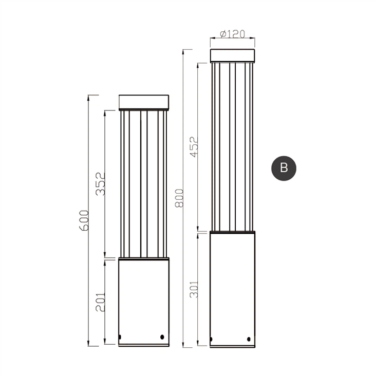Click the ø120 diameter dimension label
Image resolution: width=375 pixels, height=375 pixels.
click(x=232, y=34)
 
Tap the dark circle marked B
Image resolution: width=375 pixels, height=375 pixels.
click(x=284, y=167)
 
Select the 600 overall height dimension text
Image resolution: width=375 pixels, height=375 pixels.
click(x=84, y=220)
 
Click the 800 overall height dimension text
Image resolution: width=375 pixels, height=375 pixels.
click(x=179, y=198)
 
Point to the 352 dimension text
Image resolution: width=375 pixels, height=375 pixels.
click(x=101, y=184)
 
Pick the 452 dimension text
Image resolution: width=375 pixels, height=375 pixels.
click(x=194, y=147)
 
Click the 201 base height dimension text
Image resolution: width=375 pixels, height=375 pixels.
click(x=101, y=302)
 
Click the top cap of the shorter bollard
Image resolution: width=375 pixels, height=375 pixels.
click(x=144, y=102)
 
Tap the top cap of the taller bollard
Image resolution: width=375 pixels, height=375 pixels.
click(x=232, y=55)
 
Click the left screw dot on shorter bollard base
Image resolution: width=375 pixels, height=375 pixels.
click(x=120, y=337)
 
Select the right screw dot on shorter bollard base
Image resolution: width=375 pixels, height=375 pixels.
click(x=162, y=337)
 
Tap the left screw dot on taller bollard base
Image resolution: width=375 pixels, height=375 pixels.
click(x=212, y=339)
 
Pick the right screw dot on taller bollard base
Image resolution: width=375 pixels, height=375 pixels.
click(x=249, y=339)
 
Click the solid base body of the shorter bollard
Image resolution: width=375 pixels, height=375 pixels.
click(x=144, y=298)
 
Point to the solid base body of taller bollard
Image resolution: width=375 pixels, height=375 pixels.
click(x=232, y=288)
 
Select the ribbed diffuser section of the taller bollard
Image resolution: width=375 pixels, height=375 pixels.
click(x=232, y=147)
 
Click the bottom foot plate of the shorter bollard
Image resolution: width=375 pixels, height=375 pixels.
click(x=144, y=345)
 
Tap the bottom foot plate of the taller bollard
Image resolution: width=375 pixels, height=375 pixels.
click(x=232, y=346)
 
